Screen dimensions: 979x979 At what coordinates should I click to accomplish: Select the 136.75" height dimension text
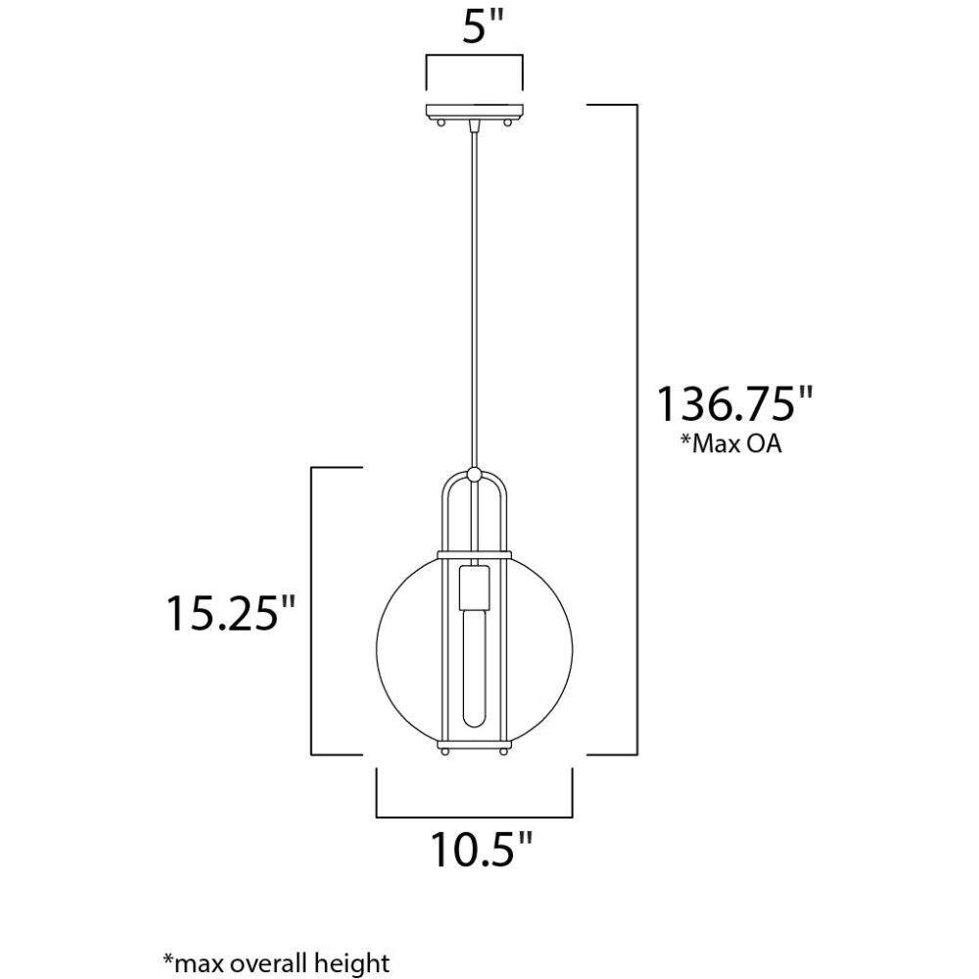(734, 404)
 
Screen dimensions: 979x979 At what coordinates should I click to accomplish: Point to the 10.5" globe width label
(481, 850)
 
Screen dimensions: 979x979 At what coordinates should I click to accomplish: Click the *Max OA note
(730, 443)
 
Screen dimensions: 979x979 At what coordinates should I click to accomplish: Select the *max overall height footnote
(276, 962)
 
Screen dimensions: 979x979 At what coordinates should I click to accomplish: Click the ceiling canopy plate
(475, 112)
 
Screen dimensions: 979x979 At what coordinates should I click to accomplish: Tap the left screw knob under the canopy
(443, 123)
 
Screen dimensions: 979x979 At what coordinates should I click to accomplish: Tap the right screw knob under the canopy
(507, 123)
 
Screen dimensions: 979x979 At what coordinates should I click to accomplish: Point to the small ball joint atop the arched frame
(475, 474)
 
